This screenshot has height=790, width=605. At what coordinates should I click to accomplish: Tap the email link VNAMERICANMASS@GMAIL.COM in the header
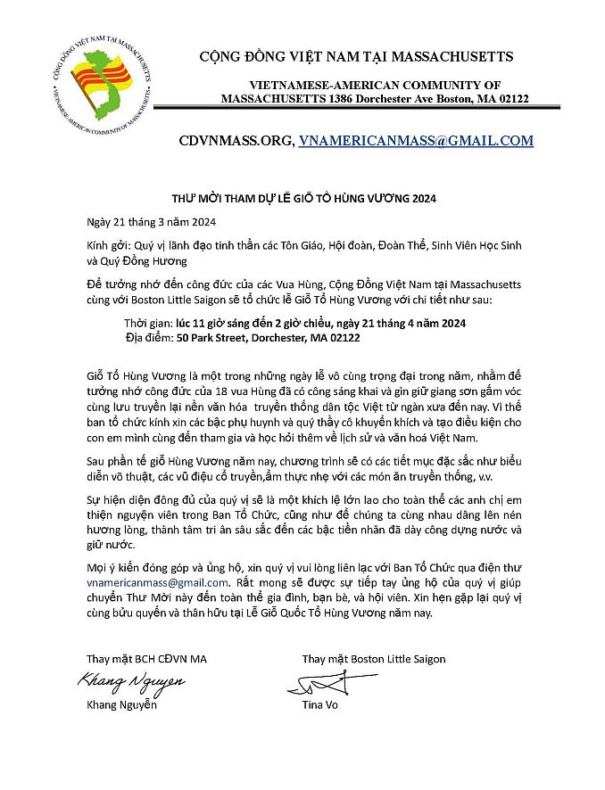tap(416, 140)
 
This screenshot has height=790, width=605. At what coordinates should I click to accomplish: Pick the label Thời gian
tap(147, 322)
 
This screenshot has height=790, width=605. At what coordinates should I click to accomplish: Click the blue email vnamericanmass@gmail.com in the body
tap(145, 581)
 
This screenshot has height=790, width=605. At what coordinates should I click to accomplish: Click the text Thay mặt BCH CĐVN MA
tap(145, 659)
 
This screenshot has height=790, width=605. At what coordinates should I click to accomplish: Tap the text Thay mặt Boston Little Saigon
tap(373, 659)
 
